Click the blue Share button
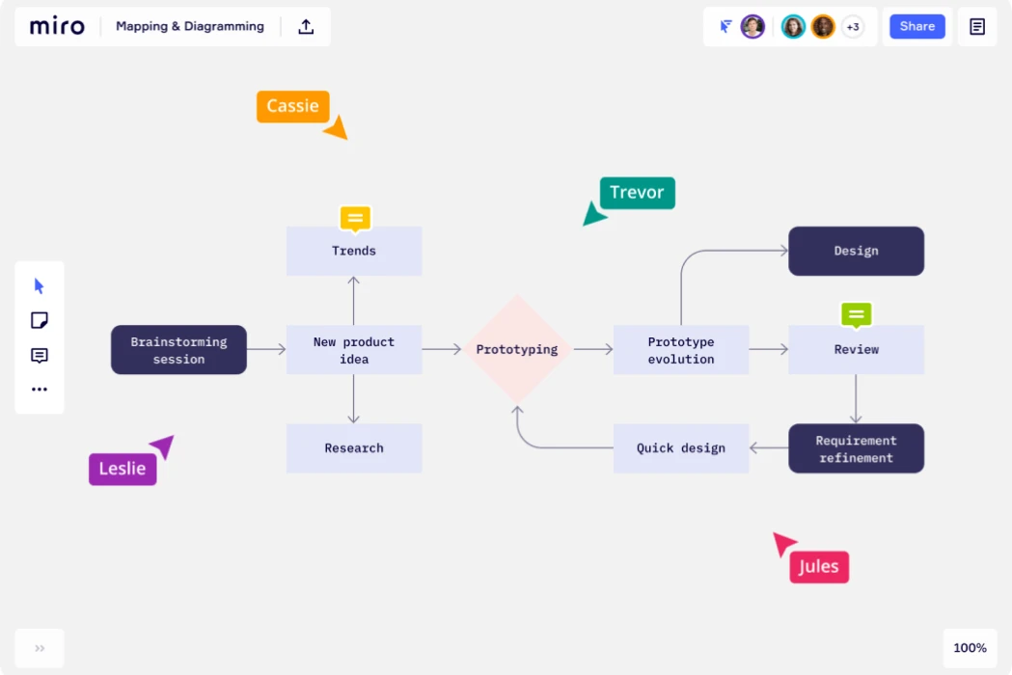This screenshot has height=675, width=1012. coord(916,26)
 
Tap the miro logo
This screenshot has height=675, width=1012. coord(57,26)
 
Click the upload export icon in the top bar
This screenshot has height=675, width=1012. coord(306,26)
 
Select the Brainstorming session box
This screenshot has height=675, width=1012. coord(178,350)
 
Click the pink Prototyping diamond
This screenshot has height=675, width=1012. coord(517,349)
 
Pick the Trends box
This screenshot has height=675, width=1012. coord(354,251)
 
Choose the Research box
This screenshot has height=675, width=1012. coord(354,448)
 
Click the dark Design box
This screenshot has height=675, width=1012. coord(856,251)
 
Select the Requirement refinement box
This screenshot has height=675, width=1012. coord(856,448)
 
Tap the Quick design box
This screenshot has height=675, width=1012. coord(680,448)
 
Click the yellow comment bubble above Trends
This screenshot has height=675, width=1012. coord(355,218)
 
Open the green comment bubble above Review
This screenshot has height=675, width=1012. coord(856,314)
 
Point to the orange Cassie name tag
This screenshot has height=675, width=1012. coord(293,106)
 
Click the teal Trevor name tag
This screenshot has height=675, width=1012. coord(637,193)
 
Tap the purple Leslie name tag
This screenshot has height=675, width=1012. coord(123,469)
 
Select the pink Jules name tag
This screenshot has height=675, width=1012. coord(819,567)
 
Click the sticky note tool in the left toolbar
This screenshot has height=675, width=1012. coord(40,320)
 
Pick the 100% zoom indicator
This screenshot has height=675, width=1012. coord(970,648)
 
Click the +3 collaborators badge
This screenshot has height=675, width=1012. coord(853,27)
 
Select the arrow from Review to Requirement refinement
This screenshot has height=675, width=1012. coord(856,398)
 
